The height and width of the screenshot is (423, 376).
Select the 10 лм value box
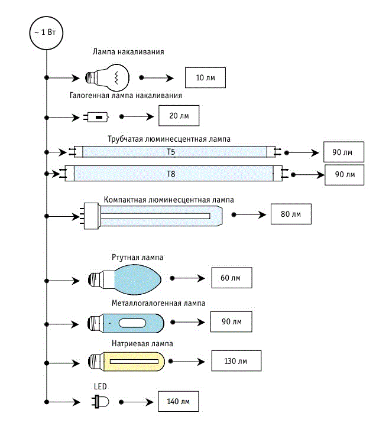(205, 78)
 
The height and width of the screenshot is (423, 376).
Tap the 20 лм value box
(179, 116)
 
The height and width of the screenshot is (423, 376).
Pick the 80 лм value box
(290, 214)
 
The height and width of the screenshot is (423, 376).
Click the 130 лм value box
(235, 360)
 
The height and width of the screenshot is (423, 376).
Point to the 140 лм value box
(178, 402)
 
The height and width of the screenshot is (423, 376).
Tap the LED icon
(100, 402)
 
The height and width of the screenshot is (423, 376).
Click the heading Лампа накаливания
(128, 52)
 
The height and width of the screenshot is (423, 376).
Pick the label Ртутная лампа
(138, 258)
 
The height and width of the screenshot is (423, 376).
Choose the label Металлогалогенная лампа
(158, 303)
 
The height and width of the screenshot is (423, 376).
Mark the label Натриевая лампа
(141, 343)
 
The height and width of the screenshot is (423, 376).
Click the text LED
(100, 386)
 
